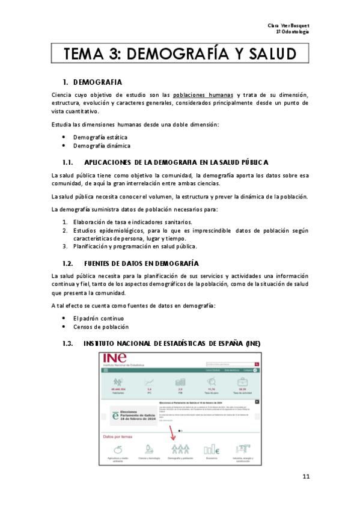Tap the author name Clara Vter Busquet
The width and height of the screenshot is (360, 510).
click(288, 25)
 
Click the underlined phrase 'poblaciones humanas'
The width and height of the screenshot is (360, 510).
click(203, 95)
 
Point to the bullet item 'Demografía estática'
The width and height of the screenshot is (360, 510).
click(100, 137)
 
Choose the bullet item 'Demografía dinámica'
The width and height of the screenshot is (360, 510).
click(102, 146)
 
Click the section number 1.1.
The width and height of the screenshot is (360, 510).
click(68, 162)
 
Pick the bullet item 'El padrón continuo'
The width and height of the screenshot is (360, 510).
click(99, 318)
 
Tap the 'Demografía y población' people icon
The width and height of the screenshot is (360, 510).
click(180, 449)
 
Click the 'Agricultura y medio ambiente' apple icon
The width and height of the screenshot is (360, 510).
click(119, 449)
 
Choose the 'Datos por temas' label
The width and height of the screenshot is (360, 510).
click(118, 437)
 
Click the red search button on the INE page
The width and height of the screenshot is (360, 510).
click(257, 364)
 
